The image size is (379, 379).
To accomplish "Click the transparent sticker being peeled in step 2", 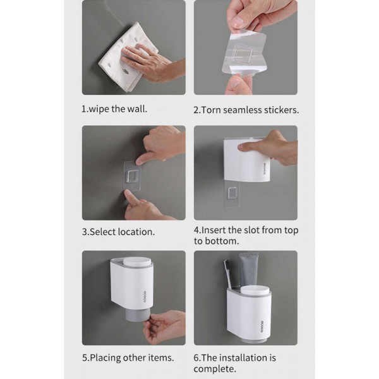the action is coord(244,54).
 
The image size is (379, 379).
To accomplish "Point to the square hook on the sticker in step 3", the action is coord(133,177).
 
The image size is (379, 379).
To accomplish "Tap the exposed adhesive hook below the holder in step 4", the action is coord(232,193).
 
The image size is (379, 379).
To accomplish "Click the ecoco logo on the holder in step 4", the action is coord(265,169).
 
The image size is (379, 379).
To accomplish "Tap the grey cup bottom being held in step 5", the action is coord(136,315).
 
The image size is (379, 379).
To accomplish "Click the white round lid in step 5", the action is coord(136,262).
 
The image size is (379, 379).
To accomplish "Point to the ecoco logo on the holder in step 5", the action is coord(145,296).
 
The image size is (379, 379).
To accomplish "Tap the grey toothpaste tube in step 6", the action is coord(249,270).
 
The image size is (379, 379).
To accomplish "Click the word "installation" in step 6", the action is coord(243,358).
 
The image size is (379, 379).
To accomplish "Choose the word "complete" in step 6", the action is coord(214,369).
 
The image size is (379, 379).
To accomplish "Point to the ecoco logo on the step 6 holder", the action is coord(262,327).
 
